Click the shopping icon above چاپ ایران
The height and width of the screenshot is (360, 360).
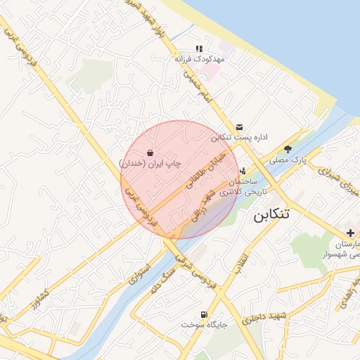(x=150, y=153)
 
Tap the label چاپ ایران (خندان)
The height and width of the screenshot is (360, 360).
(x=150, y=163)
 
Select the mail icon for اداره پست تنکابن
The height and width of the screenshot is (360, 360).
(x=241, y=127)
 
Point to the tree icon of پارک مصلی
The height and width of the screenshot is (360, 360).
(x=288, y=149)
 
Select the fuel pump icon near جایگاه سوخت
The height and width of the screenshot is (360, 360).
(x=204, y=314)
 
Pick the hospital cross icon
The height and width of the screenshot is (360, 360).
(x=350, y=233)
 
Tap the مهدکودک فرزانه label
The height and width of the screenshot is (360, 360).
(x=199, y=60)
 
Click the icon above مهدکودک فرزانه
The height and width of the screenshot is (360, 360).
(x=199, y=49)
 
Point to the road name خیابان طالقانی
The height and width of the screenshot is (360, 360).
(x=208, y=169)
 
